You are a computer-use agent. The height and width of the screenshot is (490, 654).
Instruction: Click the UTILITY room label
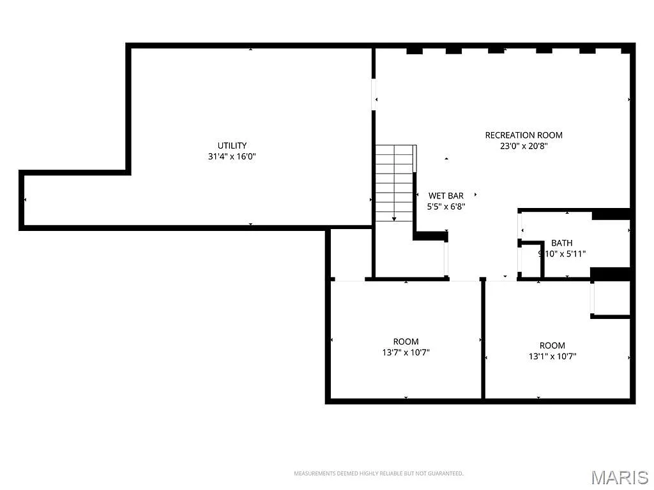[x=232, y=145]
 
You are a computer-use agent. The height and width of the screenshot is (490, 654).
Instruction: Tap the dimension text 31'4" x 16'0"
[x=232, y=156]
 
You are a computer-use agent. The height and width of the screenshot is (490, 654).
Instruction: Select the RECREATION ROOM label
[x=524, y=135]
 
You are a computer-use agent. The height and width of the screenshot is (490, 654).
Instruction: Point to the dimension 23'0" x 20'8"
[x=524, y=145]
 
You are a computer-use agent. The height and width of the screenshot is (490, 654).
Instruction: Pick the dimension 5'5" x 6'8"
[x=445, y=206]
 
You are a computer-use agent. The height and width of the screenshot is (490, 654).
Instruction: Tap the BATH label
[x=561, y=243]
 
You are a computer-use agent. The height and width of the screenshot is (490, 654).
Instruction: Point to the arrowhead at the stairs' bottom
[x=394, y=219]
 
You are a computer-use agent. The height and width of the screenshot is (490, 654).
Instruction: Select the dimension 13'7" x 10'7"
[x=406, y=352]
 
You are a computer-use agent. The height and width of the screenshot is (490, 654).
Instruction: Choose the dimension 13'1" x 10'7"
[x=552, y=357]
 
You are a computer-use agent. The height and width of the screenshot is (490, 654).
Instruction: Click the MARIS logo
[x=619, y=477]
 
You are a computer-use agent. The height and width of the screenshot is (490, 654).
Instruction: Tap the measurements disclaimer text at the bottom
[x=378, y=473]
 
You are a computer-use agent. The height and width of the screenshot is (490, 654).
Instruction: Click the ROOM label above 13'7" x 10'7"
[x=406, y=341]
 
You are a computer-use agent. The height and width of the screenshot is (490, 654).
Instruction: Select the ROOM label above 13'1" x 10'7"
[x=552, y=346]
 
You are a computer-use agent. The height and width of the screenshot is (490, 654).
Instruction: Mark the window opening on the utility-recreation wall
[x=373, y=94]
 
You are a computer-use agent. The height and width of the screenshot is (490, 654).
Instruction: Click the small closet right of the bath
[x=612, y=298]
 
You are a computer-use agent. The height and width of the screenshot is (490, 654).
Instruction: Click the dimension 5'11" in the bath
[x=573, y=253]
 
